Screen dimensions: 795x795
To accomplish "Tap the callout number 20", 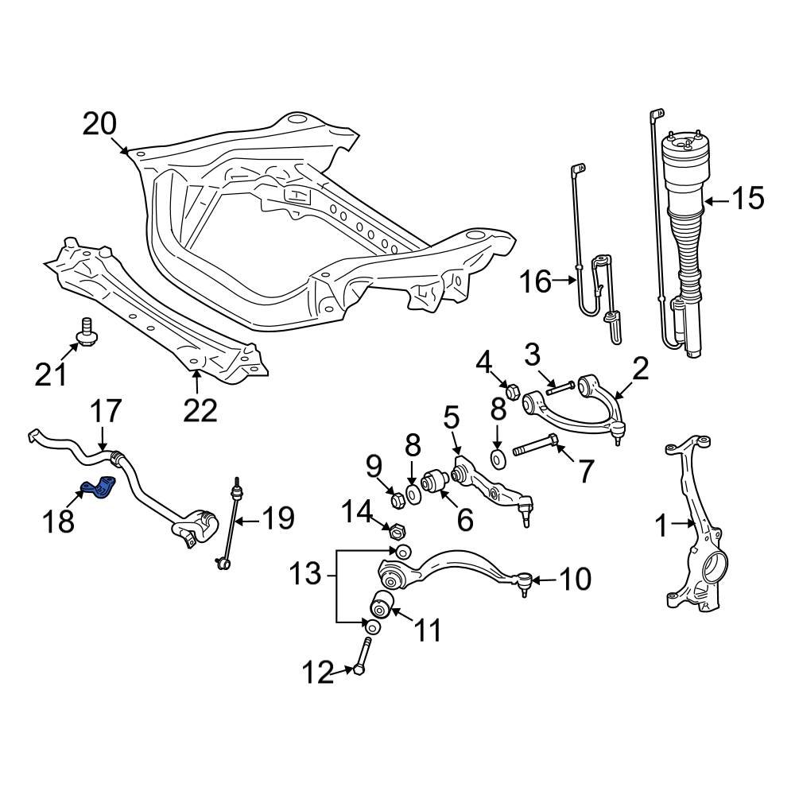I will (99, 124).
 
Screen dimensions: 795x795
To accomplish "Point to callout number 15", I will (747, 199).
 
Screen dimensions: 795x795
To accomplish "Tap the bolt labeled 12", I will (362, 657).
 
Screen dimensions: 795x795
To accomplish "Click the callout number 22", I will (200, 409).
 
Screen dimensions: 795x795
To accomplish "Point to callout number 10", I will (576, 580).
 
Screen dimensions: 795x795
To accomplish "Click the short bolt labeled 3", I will (561, 387).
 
